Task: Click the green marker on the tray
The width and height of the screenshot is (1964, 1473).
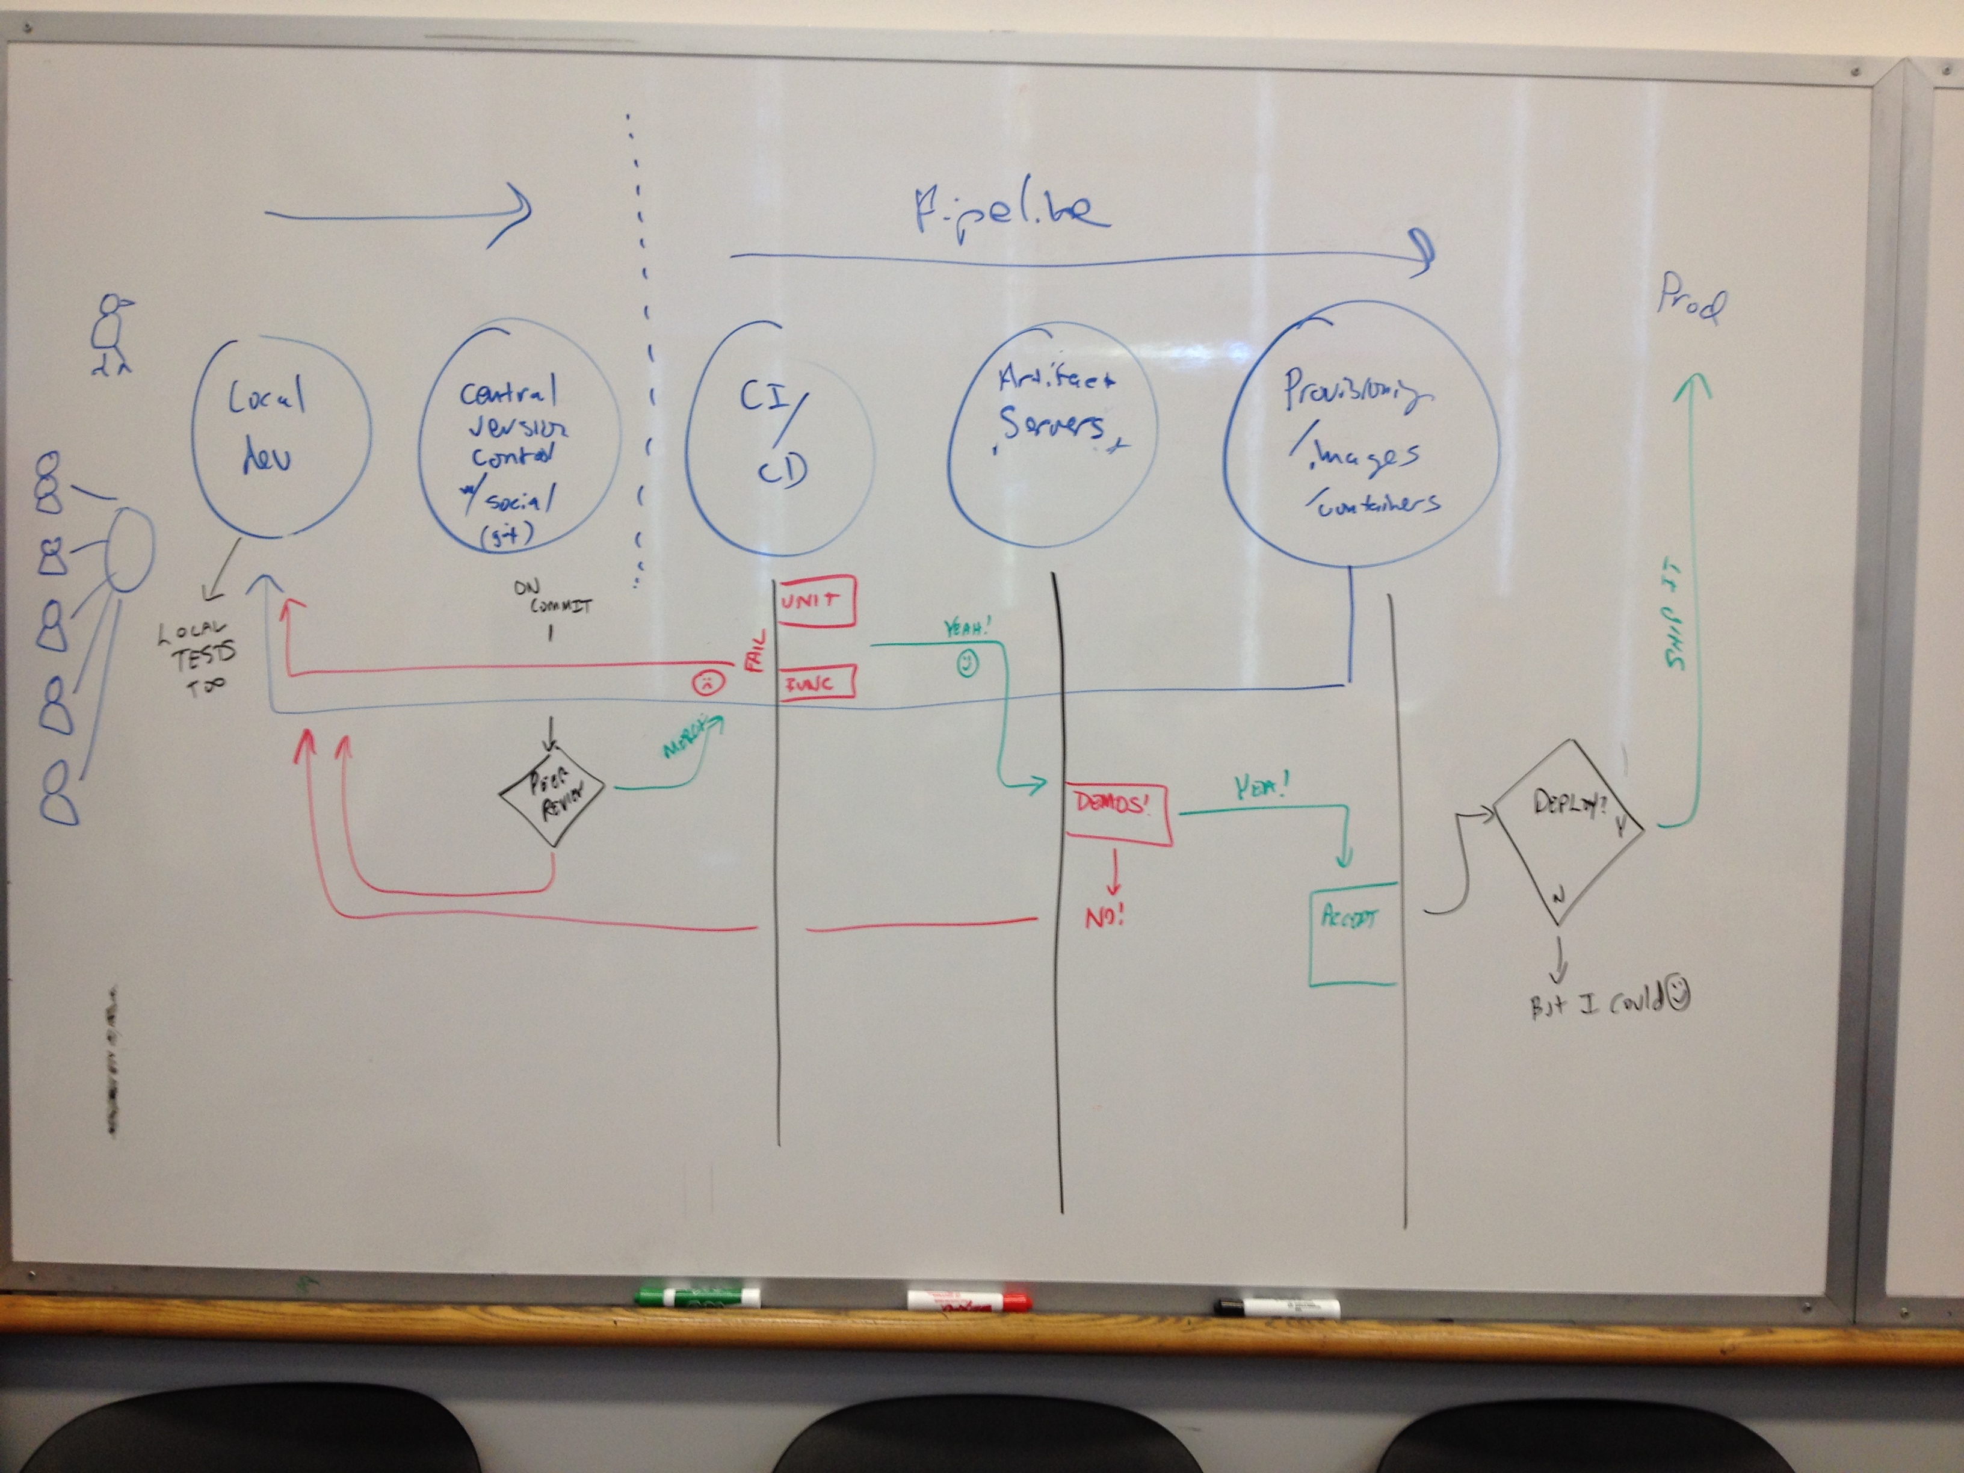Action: (x=697, y=1297)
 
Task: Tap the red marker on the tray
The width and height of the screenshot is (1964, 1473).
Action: (x=969, y=1302)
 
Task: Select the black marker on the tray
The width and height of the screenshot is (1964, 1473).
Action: (x=1277, y=1307)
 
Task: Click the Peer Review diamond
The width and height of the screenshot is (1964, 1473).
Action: (x=551, y=795)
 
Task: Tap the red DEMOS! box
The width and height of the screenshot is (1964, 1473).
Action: (x=1116, y=811)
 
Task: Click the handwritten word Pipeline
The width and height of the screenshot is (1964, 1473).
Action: (x=1012, y=211)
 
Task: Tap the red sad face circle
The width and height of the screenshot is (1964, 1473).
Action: (x=707, y=683)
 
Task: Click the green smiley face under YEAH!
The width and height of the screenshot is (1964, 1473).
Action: (x=968, y=662)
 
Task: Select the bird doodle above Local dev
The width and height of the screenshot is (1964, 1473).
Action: (x=113, y=335)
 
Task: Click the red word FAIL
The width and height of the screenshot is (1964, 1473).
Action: (x=756, y=651)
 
